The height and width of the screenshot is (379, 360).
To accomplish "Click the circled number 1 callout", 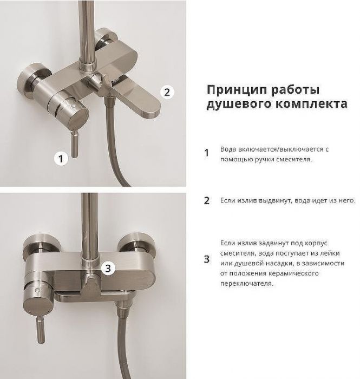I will tap(61, 159).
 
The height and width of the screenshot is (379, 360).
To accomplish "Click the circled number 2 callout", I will tap(167, 92).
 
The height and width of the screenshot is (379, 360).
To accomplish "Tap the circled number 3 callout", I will tap(108, 267).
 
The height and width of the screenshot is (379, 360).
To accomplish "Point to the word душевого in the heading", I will tap(232, 104).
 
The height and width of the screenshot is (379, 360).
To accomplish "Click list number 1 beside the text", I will tap(206, 153).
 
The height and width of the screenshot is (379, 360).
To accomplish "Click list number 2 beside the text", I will tap(206, 200).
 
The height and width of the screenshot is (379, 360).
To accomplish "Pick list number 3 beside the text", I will tap(206, 259).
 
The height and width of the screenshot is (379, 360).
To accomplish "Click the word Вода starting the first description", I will tap(227, 148).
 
